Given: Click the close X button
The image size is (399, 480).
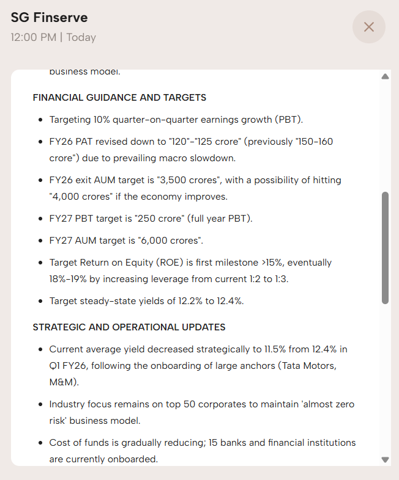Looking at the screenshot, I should (x=368, y=27).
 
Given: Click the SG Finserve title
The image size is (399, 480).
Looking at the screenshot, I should (x=49, y=18).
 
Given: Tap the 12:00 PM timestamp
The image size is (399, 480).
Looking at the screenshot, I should (x=33, y=37).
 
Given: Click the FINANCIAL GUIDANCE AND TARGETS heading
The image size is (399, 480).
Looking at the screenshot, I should (x=119, y=98).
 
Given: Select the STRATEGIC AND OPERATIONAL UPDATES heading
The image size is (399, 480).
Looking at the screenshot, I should (x=129, y=327).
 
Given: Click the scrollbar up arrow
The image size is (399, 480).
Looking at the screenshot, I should (x=385, y=77).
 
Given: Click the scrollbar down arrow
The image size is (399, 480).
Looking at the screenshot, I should (x=385, y=459).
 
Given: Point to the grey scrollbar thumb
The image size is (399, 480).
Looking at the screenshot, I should (x=385, y=247).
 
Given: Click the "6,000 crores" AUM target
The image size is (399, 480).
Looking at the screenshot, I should (x=165, y=241).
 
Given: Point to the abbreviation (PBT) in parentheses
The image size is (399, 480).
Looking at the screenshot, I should (x=288, y=119).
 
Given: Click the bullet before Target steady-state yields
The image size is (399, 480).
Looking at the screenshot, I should (x=40, y=301).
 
